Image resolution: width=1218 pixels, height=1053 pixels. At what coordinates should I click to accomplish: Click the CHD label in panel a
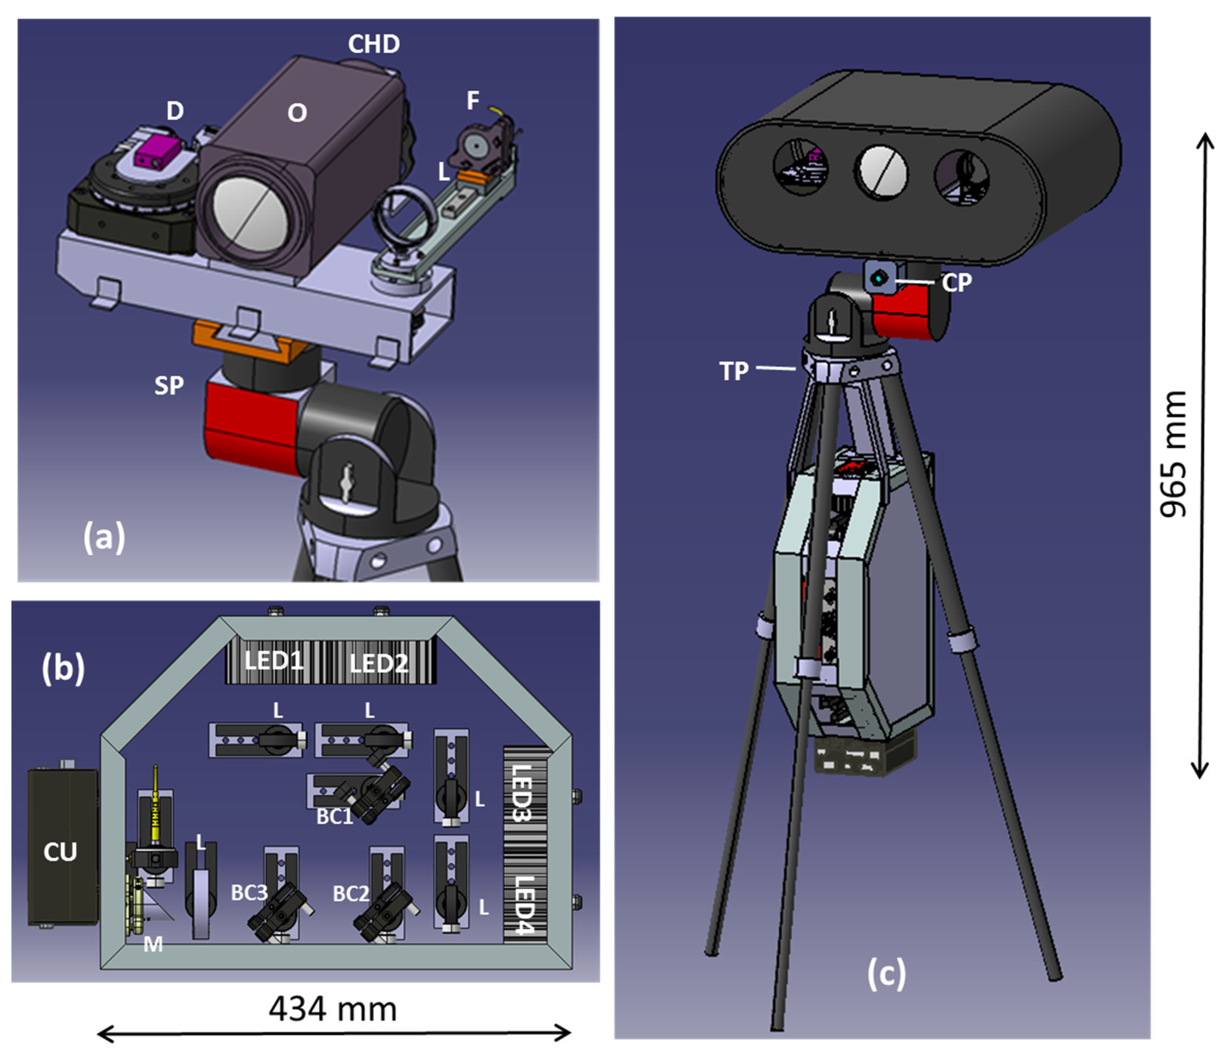tap(374, 44)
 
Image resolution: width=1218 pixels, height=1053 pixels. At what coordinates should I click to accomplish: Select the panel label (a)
tap(104, 537)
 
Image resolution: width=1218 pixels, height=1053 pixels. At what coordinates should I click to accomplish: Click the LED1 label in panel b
tap(274, 661)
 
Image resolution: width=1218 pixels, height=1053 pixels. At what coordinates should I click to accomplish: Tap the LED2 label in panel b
tap(378, 664)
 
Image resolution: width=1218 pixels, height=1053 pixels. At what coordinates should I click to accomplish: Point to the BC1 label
tap(334, 816)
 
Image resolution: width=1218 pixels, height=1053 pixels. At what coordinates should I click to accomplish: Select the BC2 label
tap(350, 894)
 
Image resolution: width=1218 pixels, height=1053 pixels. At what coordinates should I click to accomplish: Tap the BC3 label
tap(249, 893)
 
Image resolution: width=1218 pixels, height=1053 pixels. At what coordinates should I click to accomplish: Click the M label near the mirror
tap(153, 945)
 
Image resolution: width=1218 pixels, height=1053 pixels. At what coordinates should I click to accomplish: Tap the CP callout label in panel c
tap(956, 283)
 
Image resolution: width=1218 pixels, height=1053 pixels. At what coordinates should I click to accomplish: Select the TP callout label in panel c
tap(734, 371)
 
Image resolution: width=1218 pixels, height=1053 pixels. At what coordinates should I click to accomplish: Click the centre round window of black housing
tap(880, 173)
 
